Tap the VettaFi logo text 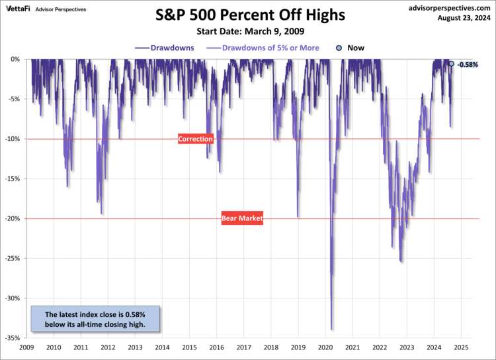(21, 8)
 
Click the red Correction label (196, 139)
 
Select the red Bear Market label (242, 218)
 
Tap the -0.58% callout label (468, 64)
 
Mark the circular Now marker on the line (451, 64)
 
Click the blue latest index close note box (96, 319)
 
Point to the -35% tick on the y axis (13, 338)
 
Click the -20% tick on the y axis (13, 218)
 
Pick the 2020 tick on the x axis (325, 347)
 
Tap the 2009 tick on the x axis (27, 347)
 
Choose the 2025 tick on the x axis (461, 347)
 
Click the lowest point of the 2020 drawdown (331, 330)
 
